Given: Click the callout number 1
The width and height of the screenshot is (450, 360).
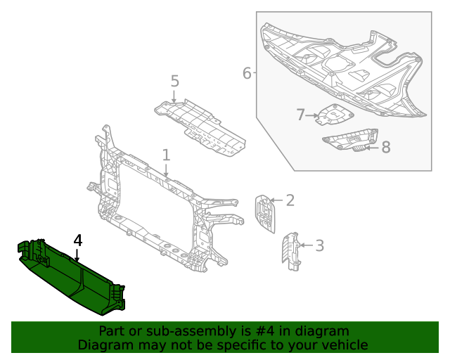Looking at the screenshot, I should tap(166, 155).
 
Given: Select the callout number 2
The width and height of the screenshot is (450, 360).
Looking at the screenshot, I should tap(290, 200).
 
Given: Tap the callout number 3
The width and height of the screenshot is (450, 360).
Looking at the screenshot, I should tap(319, 245).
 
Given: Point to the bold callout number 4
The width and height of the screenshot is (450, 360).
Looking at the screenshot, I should tap(77, 240).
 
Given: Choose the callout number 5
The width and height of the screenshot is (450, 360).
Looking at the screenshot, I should tap(175, 82).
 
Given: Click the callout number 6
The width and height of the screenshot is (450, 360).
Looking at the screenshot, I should tap(247, 73).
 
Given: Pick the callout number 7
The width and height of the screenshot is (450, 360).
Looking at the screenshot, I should tap(300, 115).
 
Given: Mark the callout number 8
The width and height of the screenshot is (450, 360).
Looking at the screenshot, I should tap(385, 147).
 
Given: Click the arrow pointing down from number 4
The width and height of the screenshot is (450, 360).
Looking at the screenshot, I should tap(77, 256).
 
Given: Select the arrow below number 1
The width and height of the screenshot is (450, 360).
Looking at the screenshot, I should tap(166, 169).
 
